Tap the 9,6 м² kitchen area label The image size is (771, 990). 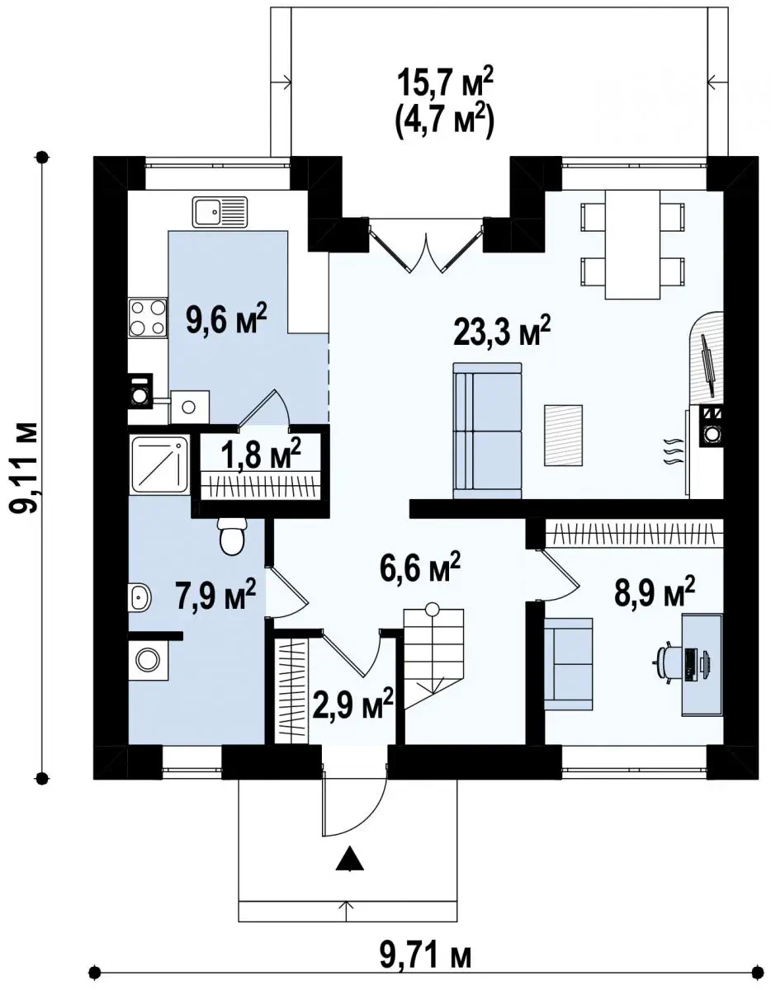click(226, 320)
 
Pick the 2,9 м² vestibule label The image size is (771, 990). click(352, 716)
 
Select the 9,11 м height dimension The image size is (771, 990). click(24, 468)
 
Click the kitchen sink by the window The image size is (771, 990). click(220, 211)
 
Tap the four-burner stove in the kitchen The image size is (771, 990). click(148, 318)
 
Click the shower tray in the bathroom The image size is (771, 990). click(159, 465)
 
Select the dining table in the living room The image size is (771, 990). click(632, 245)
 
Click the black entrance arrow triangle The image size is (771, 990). click(350, 859)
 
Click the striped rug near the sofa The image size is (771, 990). click(563, 435)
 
